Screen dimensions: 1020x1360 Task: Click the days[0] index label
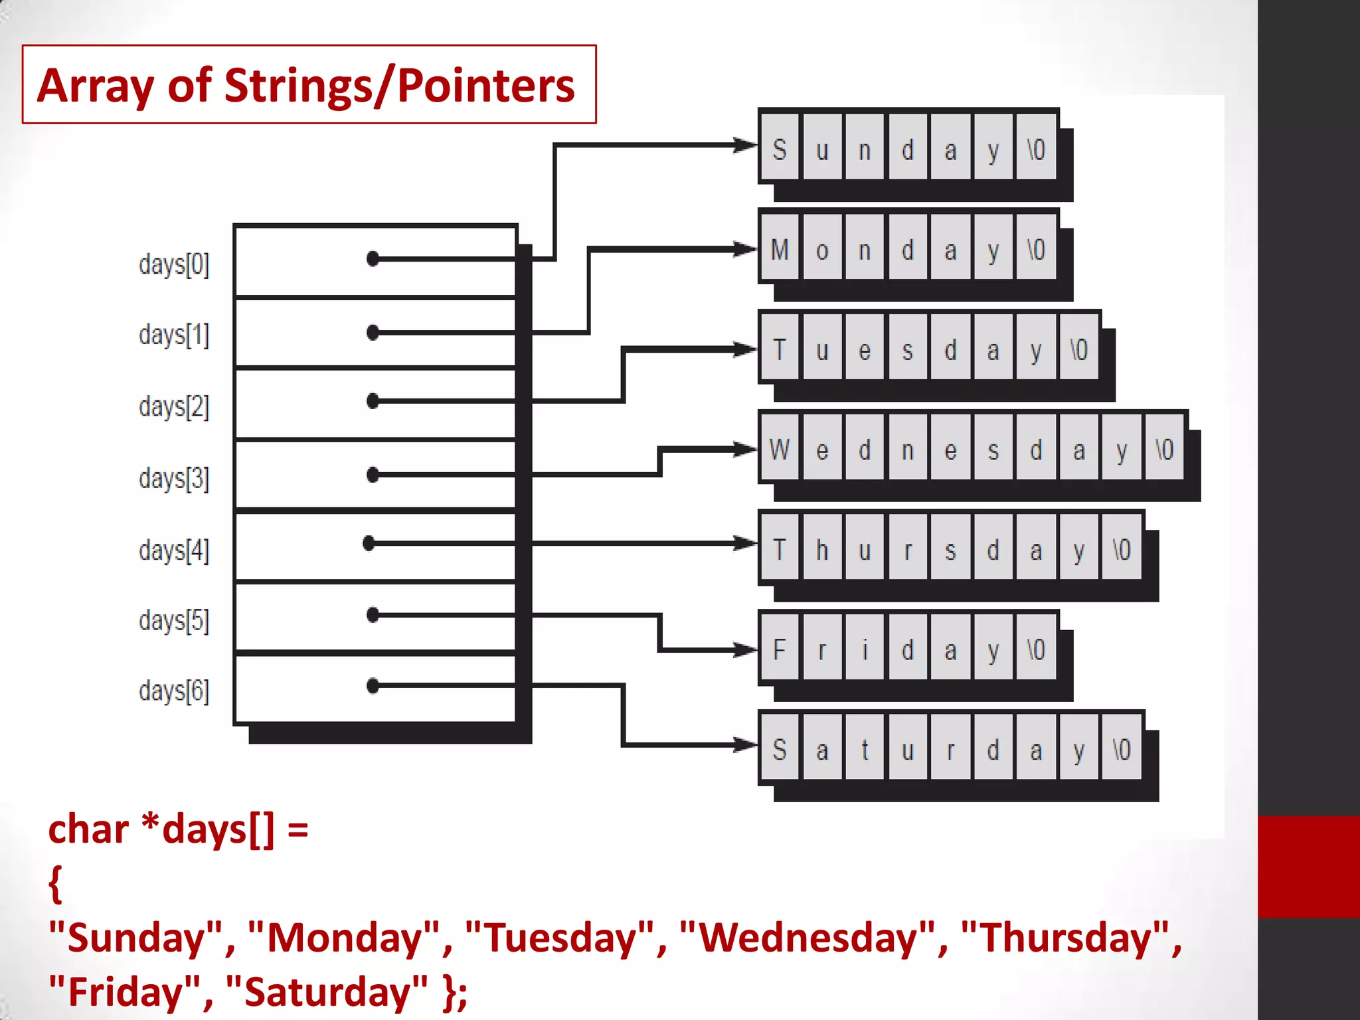tap(174, 264)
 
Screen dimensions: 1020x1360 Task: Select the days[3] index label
tap(174, 478)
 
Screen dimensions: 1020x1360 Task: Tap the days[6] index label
tap(174, 691)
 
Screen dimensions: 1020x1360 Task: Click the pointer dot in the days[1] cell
tap(373, 332)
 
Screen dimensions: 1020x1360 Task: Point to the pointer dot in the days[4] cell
tap(369, 543)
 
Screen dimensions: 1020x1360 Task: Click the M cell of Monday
tap(780, 250)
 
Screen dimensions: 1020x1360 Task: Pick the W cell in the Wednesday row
tap(780, 450)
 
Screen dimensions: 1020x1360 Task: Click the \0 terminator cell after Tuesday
tap(1078, 350)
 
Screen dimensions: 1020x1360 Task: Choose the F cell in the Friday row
tap(780, 649)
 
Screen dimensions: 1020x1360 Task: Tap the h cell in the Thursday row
tap(822, 550)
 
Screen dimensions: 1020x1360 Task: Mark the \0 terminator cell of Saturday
tap(1122, 750)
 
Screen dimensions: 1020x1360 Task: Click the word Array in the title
tap(96, 86)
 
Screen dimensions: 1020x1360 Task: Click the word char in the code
tap(88, 830)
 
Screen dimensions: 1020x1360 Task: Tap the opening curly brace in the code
tap(56, 884)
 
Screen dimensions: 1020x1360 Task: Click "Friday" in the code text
tap(125, 992)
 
